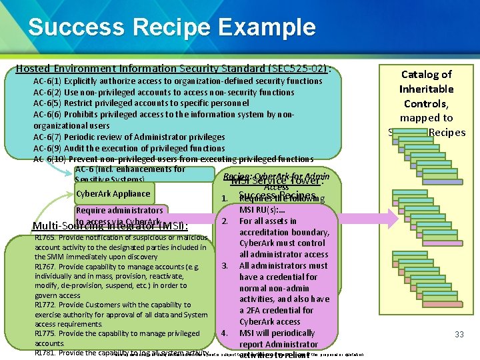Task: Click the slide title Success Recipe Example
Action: tap(171, 27)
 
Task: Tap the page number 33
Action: tap(459, 334)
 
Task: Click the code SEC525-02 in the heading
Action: tap(297, 68)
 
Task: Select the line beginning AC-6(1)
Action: tap(177, 81)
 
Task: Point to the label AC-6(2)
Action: tap(47, 92)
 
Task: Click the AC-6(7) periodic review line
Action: tap(129, 137)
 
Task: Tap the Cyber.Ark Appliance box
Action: tap(113, 194)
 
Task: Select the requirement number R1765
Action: tap(45, 237)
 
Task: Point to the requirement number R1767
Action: tap(45, 267)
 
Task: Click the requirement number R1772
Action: tap(45, 305)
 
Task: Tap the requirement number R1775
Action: tap(45, 333)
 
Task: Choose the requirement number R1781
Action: tap(45, 353)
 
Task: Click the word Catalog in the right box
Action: tap(426, 75)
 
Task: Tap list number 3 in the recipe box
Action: tap(225, 266)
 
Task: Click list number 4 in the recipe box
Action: tap(225, 333)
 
